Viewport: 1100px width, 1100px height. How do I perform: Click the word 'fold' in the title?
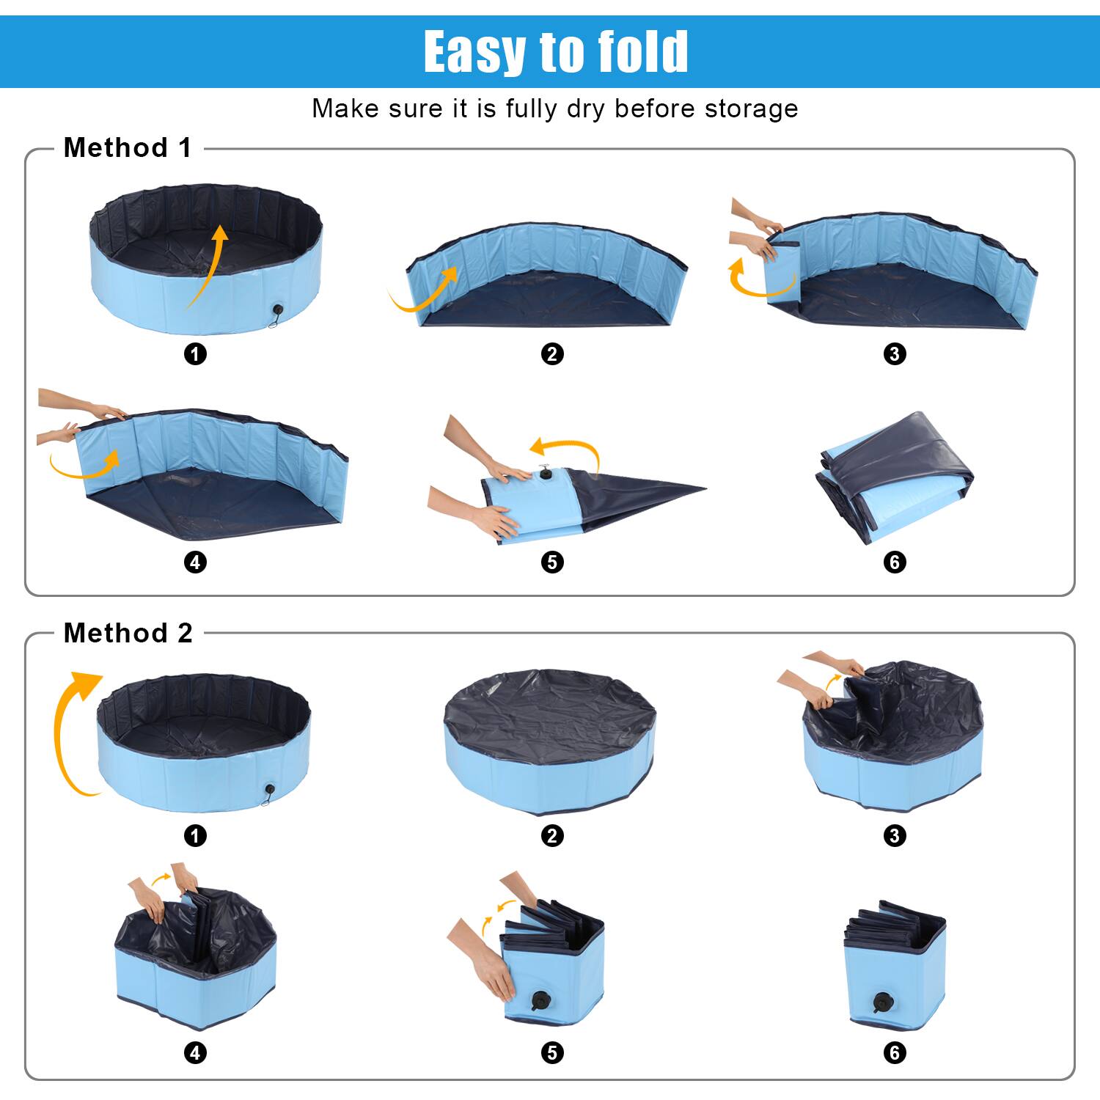coord(642,51)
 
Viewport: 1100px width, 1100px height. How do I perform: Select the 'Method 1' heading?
coord(128,147)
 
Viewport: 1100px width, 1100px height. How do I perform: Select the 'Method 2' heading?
coord(128,633)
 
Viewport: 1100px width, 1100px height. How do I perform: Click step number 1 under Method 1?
coord(195,354)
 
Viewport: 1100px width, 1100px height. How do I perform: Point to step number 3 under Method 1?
coord(895,354)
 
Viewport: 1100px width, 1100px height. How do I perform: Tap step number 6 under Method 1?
coord(895,562)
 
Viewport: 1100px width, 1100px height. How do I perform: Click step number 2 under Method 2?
coord(552,835)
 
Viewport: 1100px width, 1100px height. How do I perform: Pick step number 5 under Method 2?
coord(552,1053)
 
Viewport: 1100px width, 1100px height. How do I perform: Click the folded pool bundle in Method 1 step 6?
coord(895,477)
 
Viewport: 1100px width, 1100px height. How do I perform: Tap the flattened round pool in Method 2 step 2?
coord(550,741)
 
